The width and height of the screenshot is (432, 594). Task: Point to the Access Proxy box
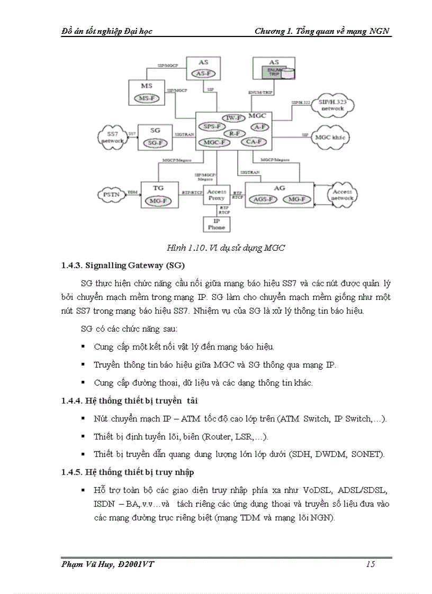tap(217, 195)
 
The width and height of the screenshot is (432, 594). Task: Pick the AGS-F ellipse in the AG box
tap(263, 199)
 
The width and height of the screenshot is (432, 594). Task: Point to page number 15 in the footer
tap(371, 564)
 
